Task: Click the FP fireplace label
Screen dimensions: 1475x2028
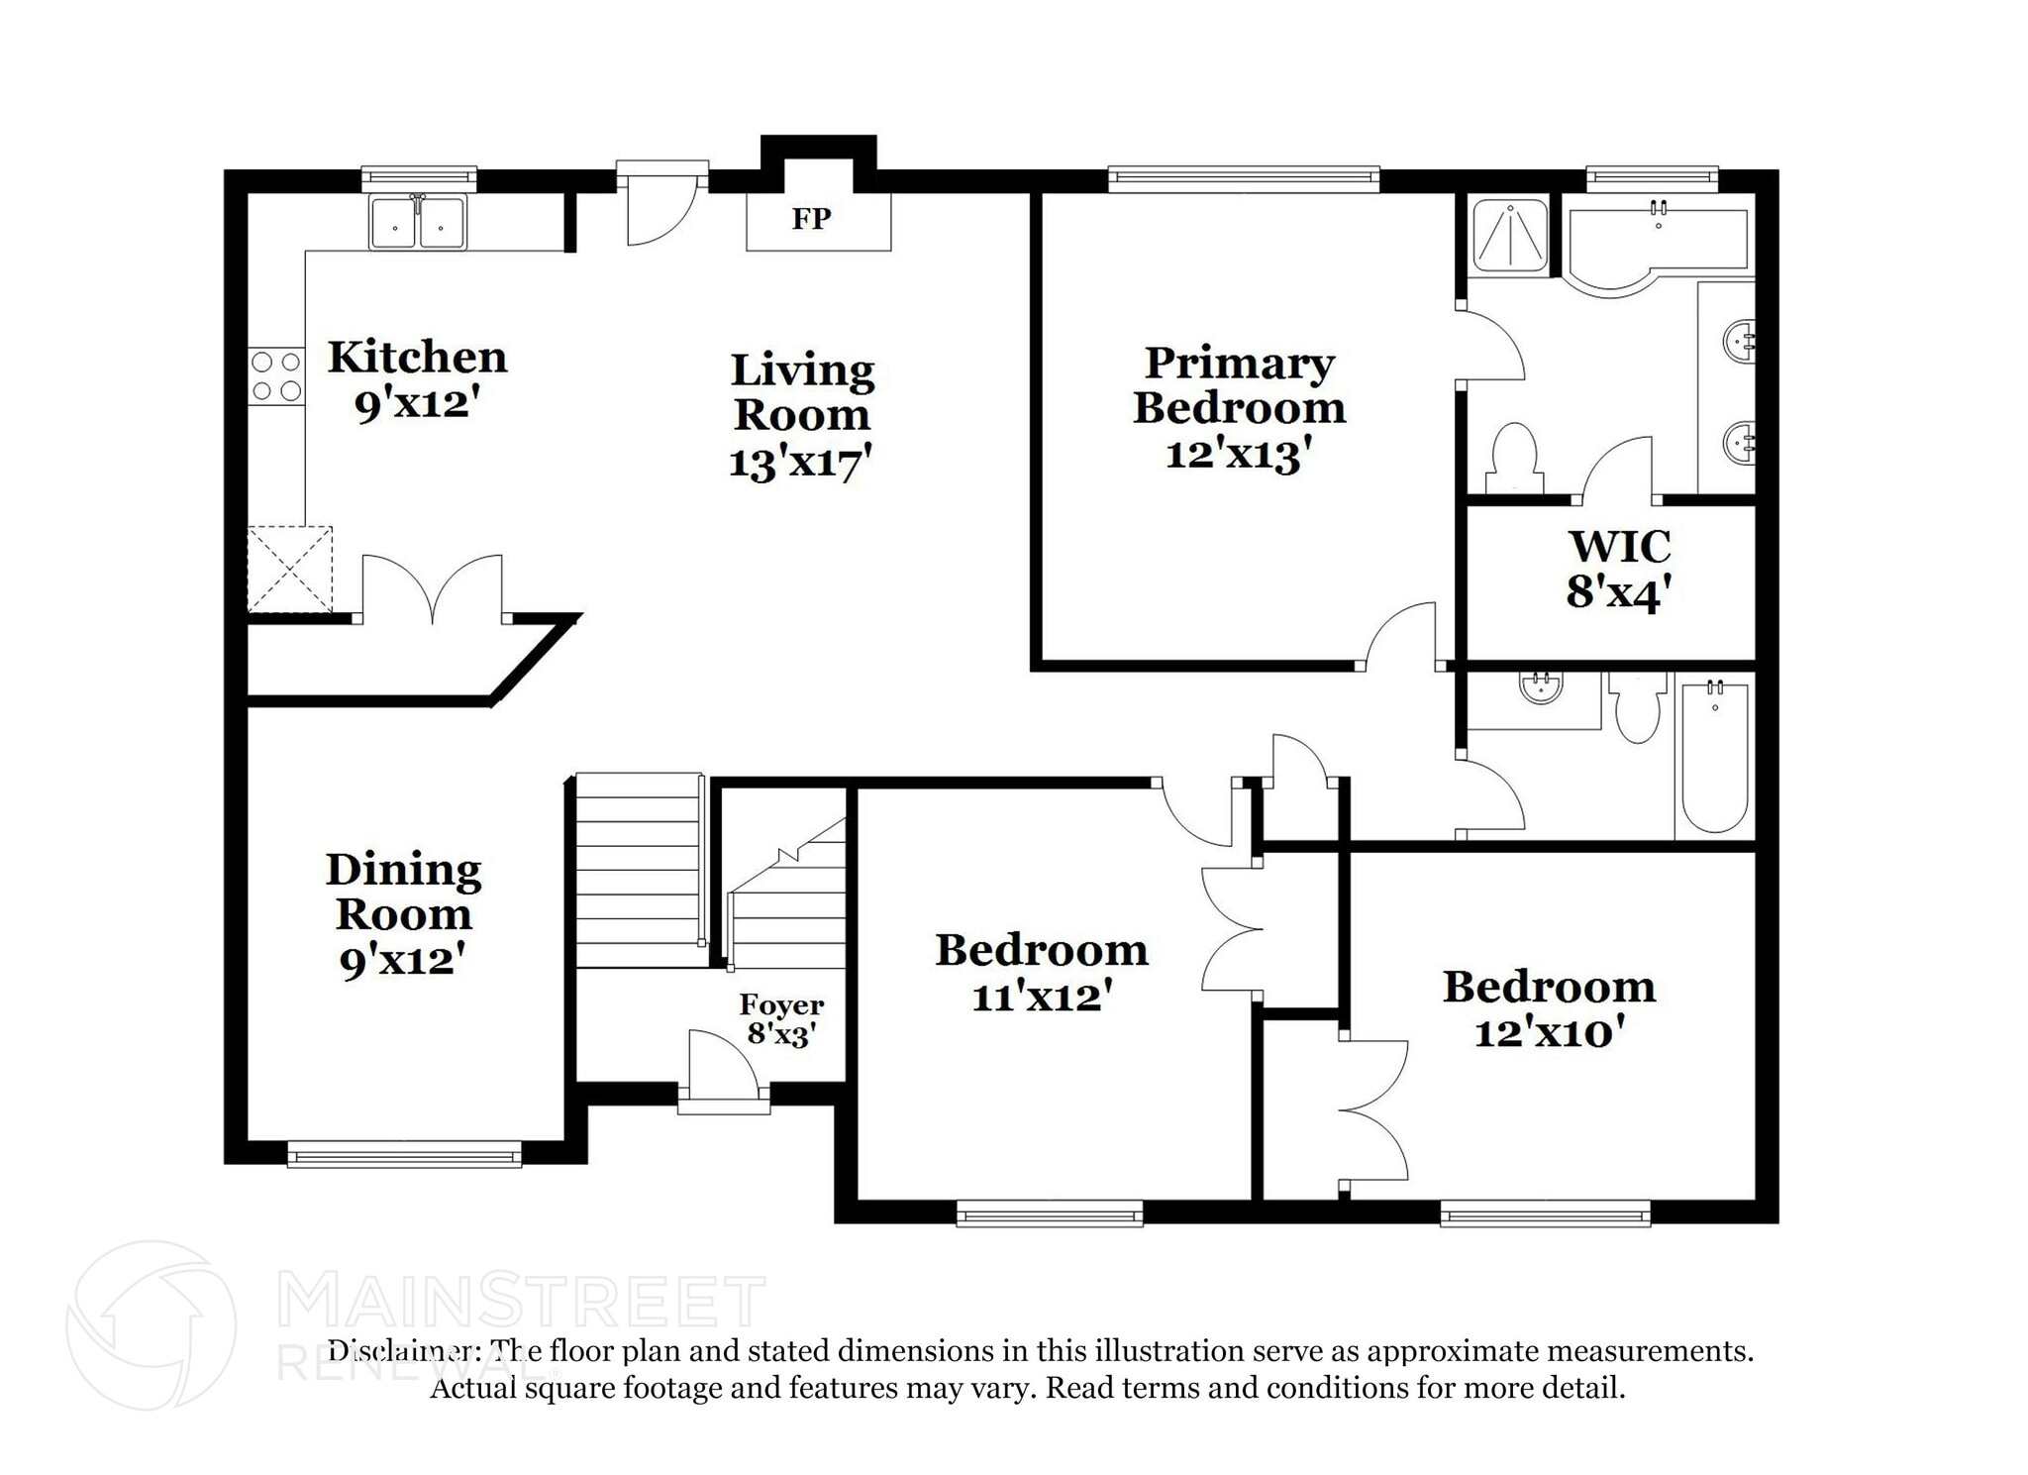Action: click(x=810, y=219)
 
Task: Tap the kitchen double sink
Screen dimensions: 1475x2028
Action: click(x=417, y=223)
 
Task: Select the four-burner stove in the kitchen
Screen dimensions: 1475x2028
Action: click(x=276, y=376)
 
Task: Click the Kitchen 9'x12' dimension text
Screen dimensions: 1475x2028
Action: click(x=417, y=404)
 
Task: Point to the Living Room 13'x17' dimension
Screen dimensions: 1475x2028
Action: click(x=800, y=463)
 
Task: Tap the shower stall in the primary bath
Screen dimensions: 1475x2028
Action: click(x=1509, y=236)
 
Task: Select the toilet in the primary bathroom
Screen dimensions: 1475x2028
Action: click(x=1513, y=458)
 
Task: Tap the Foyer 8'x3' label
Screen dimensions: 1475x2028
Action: click(x=780, y=1019)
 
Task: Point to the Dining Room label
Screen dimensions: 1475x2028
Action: click(x=403, y=892)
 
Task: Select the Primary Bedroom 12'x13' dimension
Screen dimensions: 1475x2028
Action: click(x=1238, y=455)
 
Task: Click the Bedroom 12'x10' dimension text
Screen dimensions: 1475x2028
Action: click(x=1549, y=1033)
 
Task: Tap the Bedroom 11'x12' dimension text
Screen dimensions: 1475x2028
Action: click(x=1042, y=997)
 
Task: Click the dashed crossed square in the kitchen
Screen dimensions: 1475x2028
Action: click(x=289, y=569)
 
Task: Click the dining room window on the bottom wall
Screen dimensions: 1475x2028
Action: click(x=404, y=1154)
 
